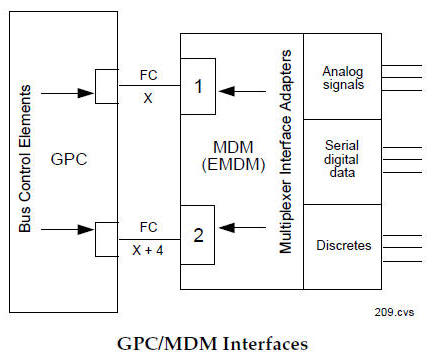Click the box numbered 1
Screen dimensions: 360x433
pyautogui.click(x=198, y=86)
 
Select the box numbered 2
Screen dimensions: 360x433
pyautogui.click(x=198, y=235)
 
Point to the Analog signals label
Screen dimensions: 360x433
pyautogui.click(x=342, y=77)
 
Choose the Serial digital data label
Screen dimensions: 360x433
pyautogui.click(x=342, y=160)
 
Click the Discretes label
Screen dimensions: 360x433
pyautogui.click(x=342, y=244)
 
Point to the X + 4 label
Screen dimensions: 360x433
pyautogui.click(x=148, y=250)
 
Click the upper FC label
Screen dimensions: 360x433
pyautogui.click(x=148, y=72)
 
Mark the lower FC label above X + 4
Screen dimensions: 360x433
pyautogui.click(x=148, y=226)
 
